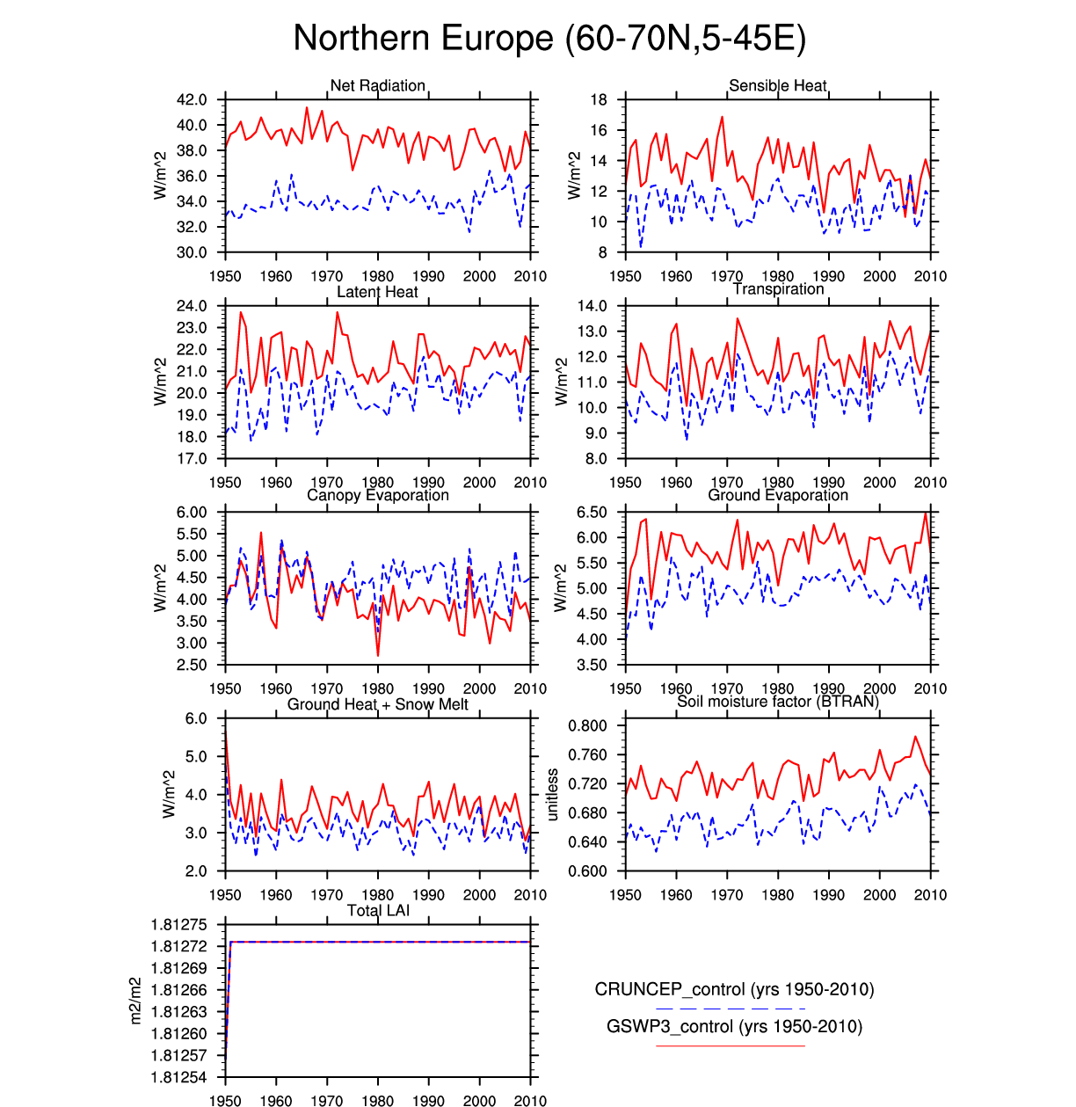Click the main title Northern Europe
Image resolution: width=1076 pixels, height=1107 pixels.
pos(549,39)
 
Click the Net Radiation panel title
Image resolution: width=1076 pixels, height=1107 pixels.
pos(378,85)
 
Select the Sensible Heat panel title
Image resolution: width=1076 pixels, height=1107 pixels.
pos(778,85)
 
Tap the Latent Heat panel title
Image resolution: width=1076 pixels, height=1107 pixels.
pos(378,292)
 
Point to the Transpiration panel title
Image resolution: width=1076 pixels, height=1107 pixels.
pos(778,289)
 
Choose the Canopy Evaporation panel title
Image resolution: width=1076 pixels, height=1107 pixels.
pos(378,495)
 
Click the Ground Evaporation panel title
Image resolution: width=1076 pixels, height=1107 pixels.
pos(778,495)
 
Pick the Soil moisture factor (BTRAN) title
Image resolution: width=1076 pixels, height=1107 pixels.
pos(778,702)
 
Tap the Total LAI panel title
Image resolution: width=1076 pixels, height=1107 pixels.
pos(378,910)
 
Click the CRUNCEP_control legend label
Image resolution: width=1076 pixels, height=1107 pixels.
pos(734,989)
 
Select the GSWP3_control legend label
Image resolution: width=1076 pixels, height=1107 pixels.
pos(734,1026)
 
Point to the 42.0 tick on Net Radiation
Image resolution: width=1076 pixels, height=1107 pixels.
pos(192,100)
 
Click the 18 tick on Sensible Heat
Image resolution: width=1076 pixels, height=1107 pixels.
pos(599,100)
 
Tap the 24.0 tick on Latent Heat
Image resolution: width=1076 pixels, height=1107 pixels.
pos(192,307)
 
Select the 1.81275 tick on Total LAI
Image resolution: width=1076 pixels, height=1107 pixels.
pos(179,925)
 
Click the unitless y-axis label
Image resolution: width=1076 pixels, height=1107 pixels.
pos(552,795)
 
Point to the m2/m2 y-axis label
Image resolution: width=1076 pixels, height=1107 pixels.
pos(135,1001)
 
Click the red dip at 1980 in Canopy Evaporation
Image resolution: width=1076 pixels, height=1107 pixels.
pos(378,654)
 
